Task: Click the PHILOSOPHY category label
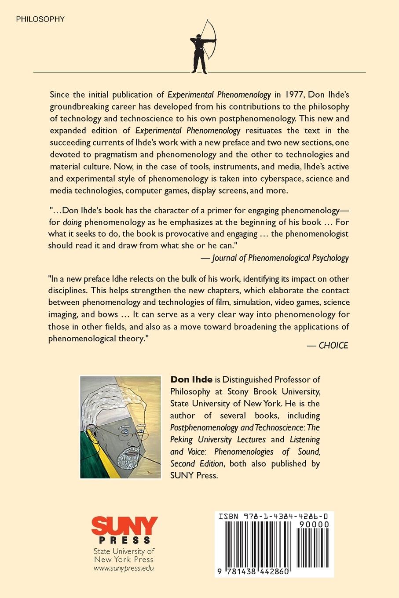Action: (40, 19)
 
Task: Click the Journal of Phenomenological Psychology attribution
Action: (280, 258)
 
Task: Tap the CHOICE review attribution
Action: (333, 345)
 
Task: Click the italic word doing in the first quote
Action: (72, 222)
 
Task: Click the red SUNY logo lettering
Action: (124, 525)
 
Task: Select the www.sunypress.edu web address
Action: (124, 568)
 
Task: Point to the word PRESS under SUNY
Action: (124, 540)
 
